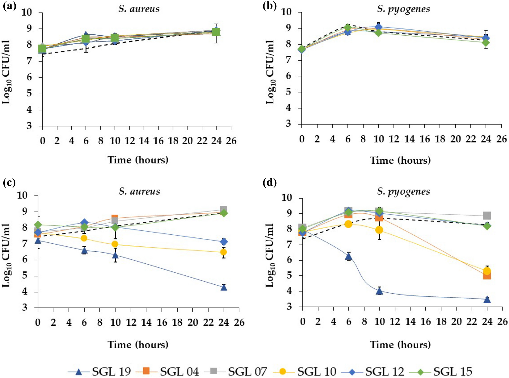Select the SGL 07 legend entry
236,371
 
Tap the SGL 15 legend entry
440,371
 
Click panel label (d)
269,183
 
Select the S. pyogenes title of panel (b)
403,9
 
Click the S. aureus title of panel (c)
139,191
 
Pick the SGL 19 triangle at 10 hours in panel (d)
380,291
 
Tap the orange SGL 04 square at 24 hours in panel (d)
487,276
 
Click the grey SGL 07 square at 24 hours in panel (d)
487,215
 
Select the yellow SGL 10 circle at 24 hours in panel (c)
223,252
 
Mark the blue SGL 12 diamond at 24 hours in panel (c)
224,242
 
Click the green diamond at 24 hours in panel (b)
485,43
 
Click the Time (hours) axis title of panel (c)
138,344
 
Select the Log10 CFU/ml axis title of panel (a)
6,72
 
